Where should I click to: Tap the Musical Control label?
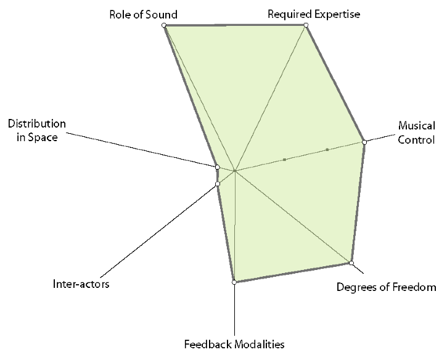pos(416,133)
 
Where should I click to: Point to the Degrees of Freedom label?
pos(386,287)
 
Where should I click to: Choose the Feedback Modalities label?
pos(234,344)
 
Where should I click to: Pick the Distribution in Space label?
pos(33,131)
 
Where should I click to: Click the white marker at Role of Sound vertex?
pos(164,25)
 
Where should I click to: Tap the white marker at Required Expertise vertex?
pos(306,25)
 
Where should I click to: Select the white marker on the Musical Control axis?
pos(364,142)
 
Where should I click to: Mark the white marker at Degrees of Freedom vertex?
pos(351,263)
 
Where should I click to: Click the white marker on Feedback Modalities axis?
pos(234,282)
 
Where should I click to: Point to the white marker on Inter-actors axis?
pos(218,184)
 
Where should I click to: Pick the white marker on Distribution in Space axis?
pos(217,166)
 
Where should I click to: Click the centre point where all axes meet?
pos(235,170)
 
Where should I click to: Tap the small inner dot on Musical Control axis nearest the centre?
pos(285,160)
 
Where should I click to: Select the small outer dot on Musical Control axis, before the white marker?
pos(327,150)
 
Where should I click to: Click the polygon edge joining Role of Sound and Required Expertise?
pos(235,25)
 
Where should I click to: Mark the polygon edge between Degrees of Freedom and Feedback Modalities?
pos(293,273)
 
